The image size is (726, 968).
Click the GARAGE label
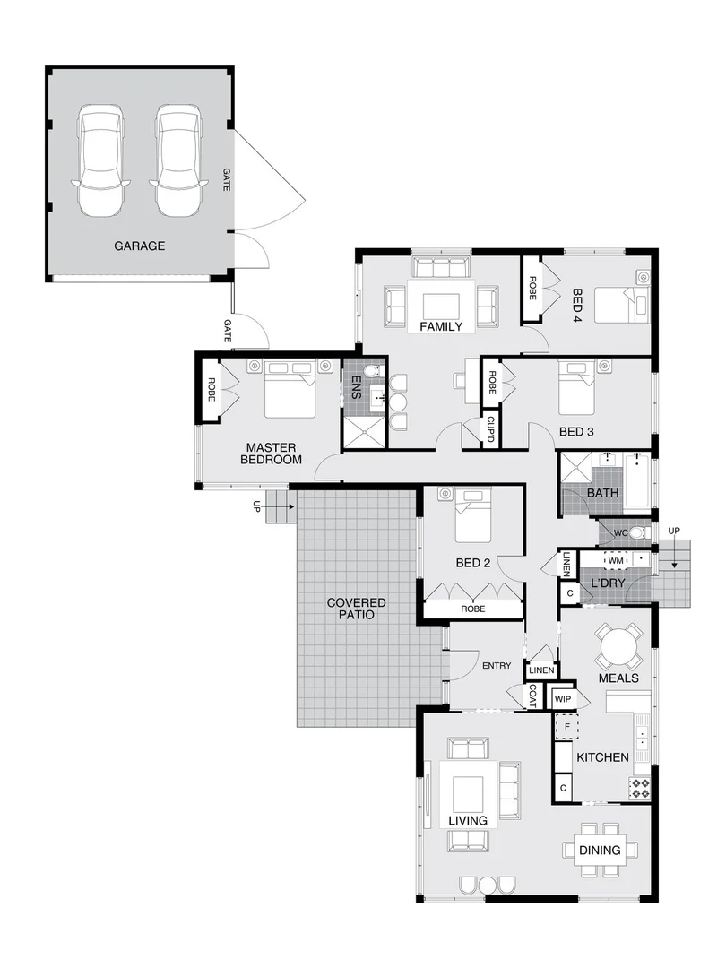point(139,246)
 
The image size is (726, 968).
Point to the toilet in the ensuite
point(376,370)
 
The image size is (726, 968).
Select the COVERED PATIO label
point(356,609)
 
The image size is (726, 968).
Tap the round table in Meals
point(619,645)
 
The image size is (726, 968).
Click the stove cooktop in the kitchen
point(640,788)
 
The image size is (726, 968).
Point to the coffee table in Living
point(468,794)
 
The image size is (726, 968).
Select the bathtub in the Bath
point(638,480)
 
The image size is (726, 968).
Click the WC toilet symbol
point(637,533)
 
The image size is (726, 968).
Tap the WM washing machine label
point(615,560)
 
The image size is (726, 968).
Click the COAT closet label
point(532,696)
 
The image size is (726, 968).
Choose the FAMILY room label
point(441,326)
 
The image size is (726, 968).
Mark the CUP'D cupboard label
point(490,428)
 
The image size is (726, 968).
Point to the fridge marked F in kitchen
point(567,726)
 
